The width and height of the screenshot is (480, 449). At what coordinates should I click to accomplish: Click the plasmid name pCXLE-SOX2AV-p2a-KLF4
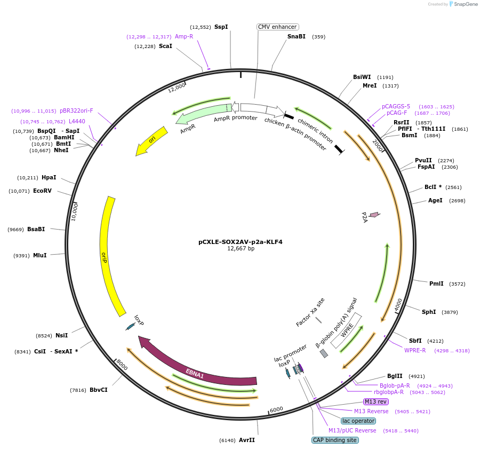coord(240,242)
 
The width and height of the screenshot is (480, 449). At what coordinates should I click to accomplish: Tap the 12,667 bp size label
coord(241,248)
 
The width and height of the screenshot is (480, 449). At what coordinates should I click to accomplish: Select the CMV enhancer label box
coord(277,27)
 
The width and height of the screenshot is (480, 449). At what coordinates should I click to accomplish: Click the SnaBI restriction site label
coord(296,37)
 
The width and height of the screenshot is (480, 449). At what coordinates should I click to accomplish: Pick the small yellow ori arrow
coord(149,143)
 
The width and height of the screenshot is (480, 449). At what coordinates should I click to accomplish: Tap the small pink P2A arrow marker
coord(374,215)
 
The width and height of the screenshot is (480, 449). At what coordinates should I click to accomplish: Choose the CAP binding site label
coord(335,440)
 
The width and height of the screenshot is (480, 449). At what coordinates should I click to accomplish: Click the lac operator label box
coord(358,421)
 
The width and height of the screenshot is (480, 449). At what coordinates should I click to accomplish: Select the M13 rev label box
coord(376,401)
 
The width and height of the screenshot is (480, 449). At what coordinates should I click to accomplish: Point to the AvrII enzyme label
coord(246,440)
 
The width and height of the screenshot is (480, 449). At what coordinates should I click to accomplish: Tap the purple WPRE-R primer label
coord(415,350)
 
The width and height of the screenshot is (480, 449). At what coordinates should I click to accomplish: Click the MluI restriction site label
coord(39,255)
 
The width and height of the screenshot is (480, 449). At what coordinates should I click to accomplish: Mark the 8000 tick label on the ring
coord(122,366)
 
